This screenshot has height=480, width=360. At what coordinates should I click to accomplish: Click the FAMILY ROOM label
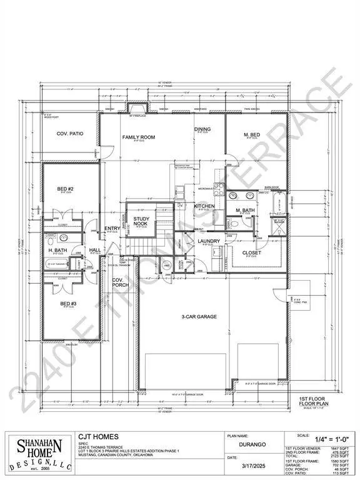[138, 137]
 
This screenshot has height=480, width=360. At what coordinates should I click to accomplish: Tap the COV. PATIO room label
[70, 134]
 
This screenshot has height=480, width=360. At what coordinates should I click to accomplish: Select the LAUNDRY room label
[207, 241]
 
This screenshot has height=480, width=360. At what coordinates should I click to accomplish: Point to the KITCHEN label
[204, 206]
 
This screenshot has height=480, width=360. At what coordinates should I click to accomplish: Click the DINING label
[202, 129]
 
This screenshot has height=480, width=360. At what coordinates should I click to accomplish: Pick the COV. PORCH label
[118, 284]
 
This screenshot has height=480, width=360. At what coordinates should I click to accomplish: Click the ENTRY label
[112, 229]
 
